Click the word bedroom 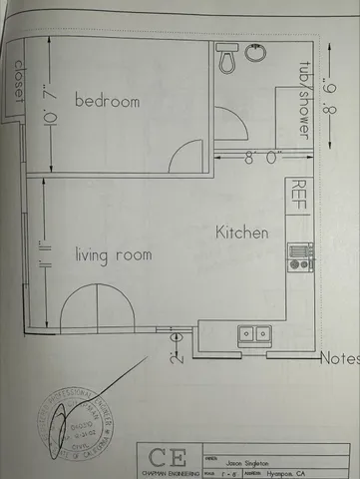(106, 101)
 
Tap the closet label (17, 84)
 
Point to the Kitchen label (242, 233)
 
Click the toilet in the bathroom (227, 61)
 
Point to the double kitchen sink (253, 333)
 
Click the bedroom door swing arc (184, 156)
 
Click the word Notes (338, 357)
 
